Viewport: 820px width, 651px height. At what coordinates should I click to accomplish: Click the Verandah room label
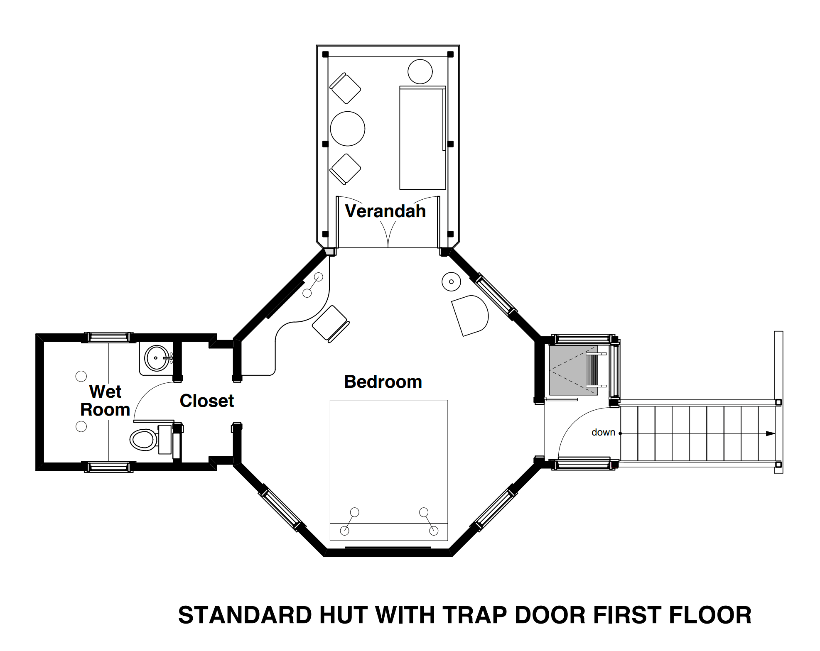pos(385,211)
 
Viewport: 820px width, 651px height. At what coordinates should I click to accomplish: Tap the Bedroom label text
pos(383,382)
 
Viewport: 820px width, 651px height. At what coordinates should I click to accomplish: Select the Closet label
pos(207,401)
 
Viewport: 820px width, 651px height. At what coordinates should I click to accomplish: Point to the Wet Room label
pos(105,400)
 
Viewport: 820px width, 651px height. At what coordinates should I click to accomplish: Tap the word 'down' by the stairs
pos(603,432)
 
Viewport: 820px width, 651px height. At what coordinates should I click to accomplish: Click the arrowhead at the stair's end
pos(771,433)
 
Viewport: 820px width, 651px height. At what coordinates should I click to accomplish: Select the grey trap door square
pos(574,370)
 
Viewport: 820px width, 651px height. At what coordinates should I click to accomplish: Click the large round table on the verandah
pos(348,129)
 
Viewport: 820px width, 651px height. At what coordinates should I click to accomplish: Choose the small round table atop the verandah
pos(420,71)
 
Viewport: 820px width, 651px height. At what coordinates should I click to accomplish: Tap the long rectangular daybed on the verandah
pos(422,138)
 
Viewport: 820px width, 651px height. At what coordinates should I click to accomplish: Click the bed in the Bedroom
pos(389,470)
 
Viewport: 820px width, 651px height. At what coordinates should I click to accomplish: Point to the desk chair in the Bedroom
pos(331,324)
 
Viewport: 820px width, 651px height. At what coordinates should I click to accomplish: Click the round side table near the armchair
pos(451,281)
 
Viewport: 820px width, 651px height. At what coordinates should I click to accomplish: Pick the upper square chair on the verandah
pos(345,88)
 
